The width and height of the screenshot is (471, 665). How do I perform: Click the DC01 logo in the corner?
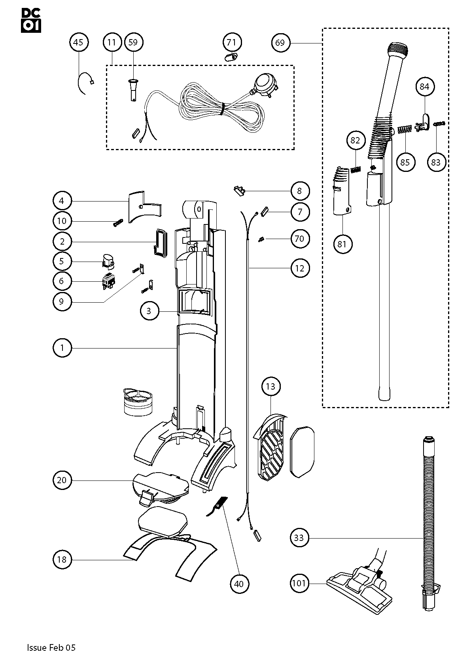[31, 20]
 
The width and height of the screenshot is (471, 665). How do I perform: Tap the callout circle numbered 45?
[79, 42]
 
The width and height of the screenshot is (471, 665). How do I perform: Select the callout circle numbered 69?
[280, 43]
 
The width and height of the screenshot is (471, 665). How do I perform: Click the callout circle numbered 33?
[299, 538]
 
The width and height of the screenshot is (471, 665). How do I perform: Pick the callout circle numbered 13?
[270, 386]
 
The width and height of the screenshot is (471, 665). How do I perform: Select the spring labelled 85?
[404, 130]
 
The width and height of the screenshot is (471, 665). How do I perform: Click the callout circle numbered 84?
[424, 87]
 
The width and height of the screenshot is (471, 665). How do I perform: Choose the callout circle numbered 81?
[342, 244]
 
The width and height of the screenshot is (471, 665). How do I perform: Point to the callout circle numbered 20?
[62, 480]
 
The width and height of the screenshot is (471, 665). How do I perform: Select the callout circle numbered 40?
[240, 584]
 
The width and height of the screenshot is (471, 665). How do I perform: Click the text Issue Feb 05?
[51, 647]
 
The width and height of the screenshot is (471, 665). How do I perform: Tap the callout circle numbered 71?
[232, 42]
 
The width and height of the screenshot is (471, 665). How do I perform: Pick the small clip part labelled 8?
[238, 191]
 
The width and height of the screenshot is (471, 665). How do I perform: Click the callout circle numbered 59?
[133, 42]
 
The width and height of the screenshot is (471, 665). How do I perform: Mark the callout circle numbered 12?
[300, 269]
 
